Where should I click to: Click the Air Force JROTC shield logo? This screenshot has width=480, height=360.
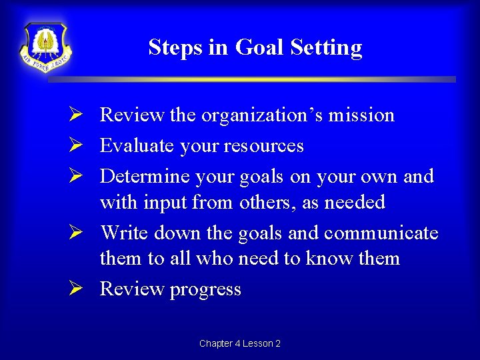coord(45,47)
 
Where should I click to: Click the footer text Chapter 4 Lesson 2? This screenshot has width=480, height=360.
coord(239,343)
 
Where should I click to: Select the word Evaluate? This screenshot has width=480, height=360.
coord(133,146)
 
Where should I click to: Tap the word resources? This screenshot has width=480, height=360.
coord(264,146)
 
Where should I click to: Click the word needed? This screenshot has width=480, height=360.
coord(354,203)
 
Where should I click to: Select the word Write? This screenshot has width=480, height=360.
coord(125,233)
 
